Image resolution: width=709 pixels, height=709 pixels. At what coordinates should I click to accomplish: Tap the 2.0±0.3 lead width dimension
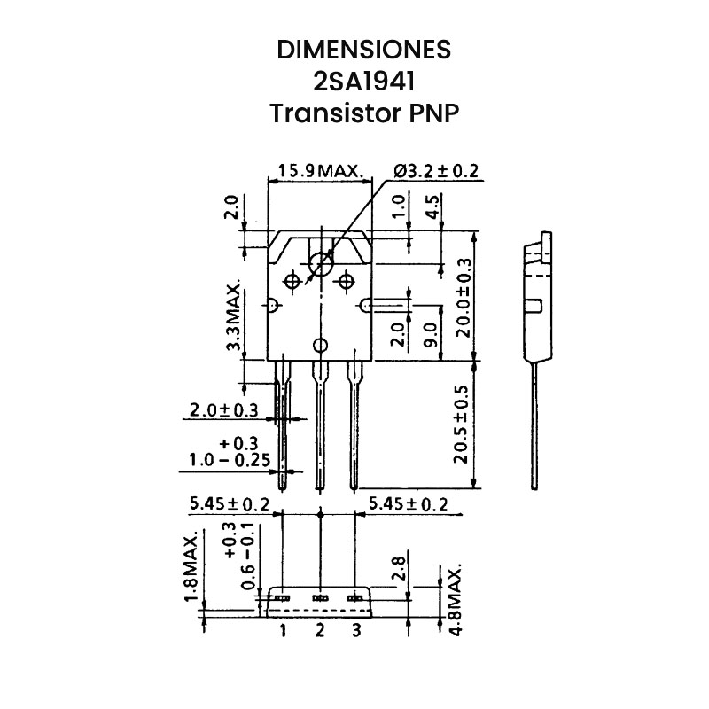point(223,410)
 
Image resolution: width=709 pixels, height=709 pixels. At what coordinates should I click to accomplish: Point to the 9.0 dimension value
point(432,334)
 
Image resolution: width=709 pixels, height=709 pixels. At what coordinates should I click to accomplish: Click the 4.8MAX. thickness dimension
point(456,599)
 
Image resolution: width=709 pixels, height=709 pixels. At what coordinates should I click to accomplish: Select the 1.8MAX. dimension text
point(190,569)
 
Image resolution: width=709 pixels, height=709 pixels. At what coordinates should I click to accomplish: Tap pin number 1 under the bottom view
point(283,631)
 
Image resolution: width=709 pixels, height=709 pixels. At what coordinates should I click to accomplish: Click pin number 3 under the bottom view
point(356,631)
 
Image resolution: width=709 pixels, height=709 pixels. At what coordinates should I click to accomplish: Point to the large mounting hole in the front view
point(320,262)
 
